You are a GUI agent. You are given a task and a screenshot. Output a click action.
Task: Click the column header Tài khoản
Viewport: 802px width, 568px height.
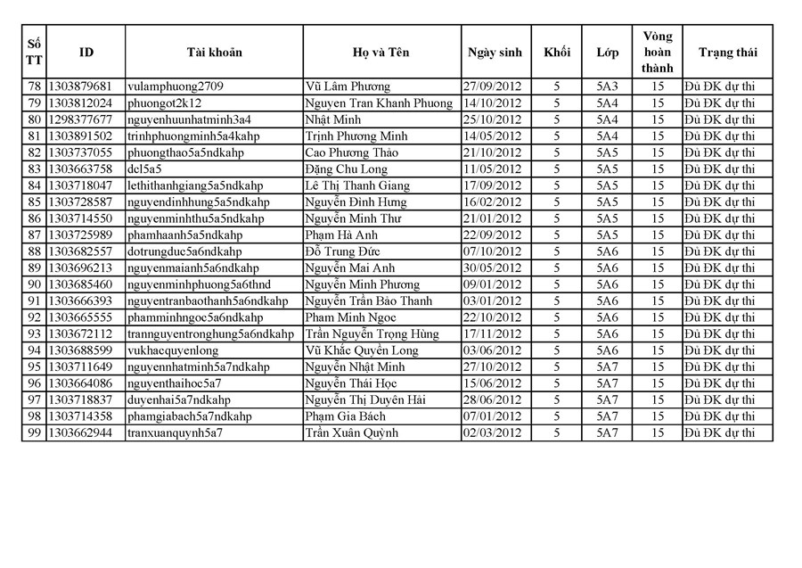(214, 53)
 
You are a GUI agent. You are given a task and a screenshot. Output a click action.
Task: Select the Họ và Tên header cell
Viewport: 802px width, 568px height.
(381, 53)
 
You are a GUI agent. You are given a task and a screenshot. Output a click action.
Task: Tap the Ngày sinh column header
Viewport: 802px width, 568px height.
(495, 53)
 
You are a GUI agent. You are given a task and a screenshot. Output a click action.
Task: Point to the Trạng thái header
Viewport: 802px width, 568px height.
(727, 53)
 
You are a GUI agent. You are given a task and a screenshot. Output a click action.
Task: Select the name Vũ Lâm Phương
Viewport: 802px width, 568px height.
(348, 86)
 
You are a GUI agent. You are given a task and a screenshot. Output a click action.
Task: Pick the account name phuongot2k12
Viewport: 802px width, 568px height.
(165, 103)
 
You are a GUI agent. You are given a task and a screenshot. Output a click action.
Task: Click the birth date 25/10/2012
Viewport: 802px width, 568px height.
(492, 119)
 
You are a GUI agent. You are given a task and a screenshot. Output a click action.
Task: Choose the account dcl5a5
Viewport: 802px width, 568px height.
(144, 169)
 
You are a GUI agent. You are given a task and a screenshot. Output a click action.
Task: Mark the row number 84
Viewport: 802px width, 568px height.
(35, 185)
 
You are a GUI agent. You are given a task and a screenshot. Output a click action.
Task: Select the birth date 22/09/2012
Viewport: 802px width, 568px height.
(492, 235)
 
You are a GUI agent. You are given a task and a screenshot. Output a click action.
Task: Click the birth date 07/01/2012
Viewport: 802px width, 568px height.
(492, 416)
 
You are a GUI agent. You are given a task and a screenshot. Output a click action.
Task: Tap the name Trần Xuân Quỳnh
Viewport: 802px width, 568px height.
(351, 433)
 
